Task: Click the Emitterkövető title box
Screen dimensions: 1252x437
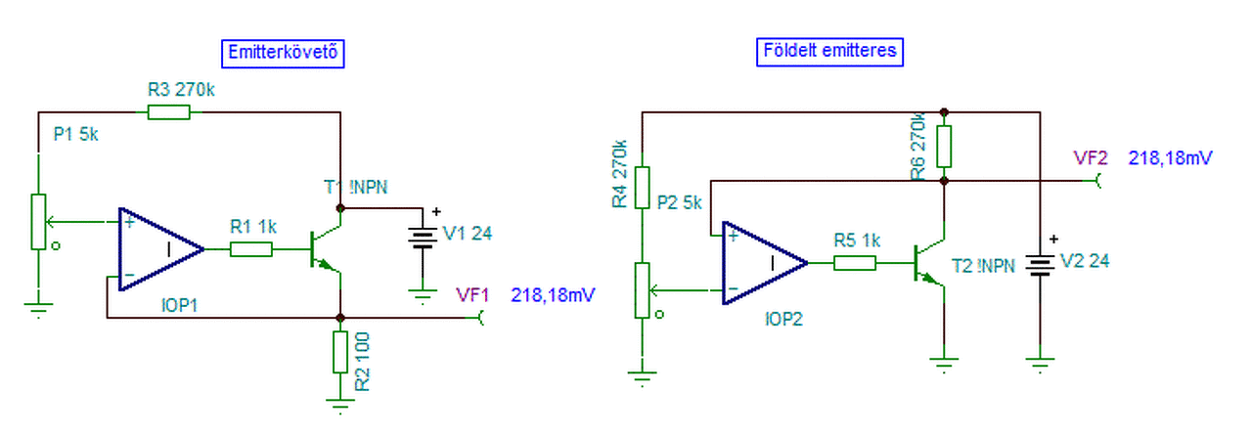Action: coord(283,54)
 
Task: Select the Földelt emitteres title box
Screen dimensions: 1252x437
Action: coord(830,52)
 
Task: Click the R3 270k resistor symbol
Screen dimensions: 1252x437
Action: coord(169,112)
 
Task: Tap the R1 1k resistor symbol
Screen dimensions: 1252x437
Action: coord(251,249)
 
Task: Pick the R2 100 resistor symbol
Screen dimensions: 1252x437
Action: coord(340,352)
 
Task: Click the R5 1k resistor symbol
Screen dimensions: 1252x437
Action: coord(855,263)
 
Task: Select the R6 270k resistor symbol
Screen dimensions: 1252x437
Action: coord(944,147)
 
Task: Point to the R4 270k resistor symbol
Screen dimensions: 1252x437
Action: coord(643,187)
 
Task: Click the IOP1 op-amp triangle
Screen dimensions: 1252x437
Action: coord(161,249)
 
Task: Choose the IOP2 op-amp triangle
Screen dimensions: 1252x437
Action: coord(765,263)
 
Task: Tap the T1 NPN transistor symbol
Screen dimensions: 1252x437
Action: coord(326,249)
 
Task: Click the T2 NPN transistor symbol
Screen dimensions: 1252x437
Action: coord(929,263)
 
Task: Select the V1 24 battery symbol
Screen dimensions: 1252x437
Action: coord(423,238)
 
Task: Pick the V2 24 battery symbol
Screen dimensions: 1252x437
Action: coord(1040,265)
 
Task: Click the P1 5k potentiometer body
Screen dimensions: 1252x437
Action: coord(38,221)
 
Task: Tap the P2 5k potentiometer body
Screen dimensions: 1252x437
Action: coord(643,290)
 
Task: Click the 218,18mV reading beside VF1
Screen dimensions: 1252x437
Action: coord(553,295)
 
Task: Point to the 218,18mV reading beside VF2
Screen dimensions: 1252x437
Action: coord(1170,158)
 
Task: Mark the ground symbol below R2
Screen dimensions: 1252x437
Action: coord(340,406)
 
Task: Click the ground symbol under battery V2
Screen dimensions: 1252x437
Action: coord(1040,365)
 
